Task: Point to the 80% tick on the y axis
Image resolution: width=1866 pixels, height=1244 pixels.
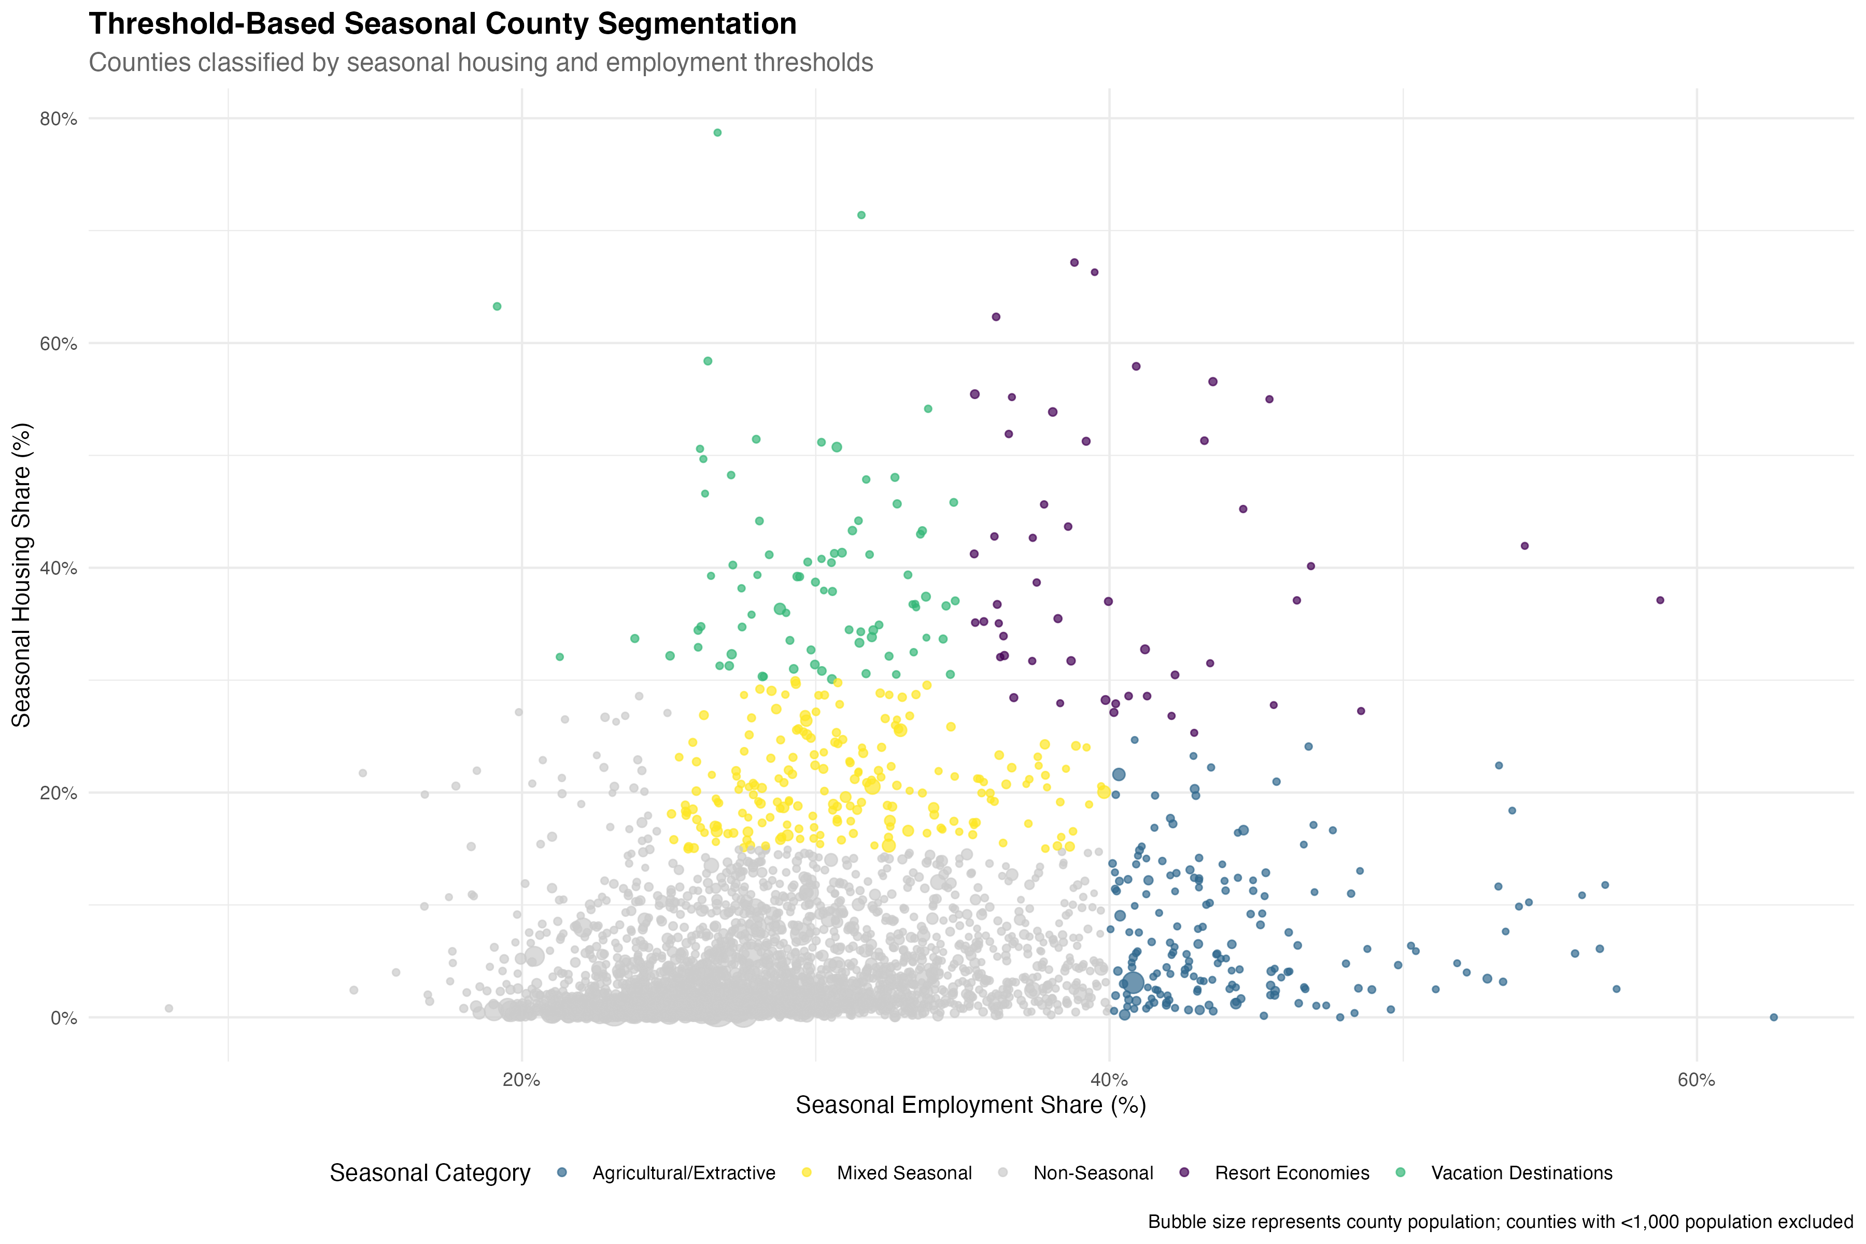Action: pos(59,119)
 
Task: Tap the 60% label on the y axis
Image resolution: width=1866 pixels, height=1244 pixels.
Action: pos(59,344)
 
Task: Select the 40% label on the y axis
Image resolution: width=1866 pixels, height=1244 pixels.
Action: pos(59,568)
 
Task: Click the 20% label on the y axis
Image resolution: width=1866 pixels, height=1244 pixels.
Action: pos(59,793)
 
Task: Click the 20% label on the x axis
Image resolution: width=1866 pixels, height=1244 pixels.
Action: pos(521,1080)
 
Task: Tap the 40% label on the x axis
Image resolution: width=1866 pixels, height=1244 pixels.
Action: pos(1109,1080)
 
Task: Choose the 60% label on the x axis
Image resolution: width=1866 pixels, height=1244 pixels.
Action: pos(1696,1080)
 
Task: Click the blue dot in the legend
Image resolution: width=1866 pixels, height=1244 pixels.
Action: pos(562,1172)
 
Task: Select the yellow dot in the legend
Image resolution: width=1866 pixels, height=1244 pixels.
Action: pos(806,1172)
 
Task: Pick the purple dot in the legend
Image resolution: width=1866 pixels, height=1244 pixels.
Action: pos(1184,1172)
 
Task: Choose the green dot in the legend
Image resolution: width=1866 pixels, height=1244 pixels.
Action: pos(1401,1172)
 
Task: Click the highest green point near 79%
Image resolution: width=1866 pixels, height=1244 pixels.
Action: pos(717,133)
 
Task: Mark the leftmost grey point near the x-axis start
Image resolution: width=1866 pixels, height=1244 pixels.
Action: pos(169,1008)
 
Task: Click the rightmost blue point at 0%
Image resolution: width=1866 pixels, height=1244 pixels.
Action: pos(1774,1017)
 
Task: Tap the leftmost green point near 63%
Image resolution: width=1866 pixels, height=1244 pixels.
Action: pos(497,306)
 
